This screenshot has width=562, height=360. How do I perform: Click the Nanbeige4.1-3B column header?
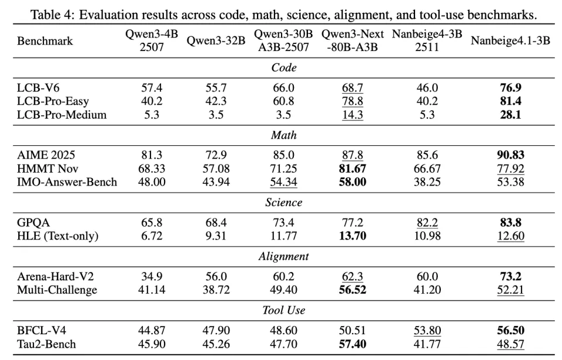pos(510,41)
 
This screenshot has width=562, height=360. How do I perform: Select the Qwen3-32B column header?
pos(215,41)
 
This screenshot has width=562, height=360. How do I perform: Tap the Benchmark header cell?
pos(45,41)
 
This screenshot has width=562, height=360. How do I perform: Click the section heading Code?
pos(283,67)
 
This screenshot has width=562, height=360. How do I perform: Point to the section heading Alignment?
pos(283,256)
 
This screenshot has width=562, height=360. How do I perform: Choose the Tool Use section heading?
pos(283,310)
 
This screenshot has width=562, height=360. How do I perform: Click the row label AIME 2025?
pos(47,156)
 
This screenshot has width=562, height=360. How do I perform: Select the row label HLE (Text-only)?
pos(57,236)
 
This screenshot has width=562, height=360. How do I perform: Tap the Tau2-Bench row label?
pos(47,344)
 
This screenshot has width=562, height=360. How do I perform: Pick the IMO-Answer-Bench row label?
pos(67,182)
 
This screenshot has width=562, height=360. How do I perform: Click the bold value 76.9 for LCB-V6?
pos(510,88)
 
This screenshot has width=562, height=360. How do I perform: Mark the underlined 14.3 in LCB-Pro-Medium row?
pos(352,115)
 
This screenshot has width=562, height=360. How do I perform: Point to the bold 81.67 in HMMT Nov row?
pos(352,169)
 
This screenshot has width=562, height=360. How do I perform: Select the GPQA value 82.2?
pos(427,223)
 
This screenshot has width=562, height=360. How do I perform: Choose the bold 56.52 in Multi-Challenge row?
pos(352,290)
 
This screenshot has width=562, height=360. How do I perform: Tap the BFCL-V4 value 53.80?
pos(427,331)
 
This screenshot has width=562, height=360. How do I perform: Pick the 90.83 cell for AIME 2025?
pos(510,156)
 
